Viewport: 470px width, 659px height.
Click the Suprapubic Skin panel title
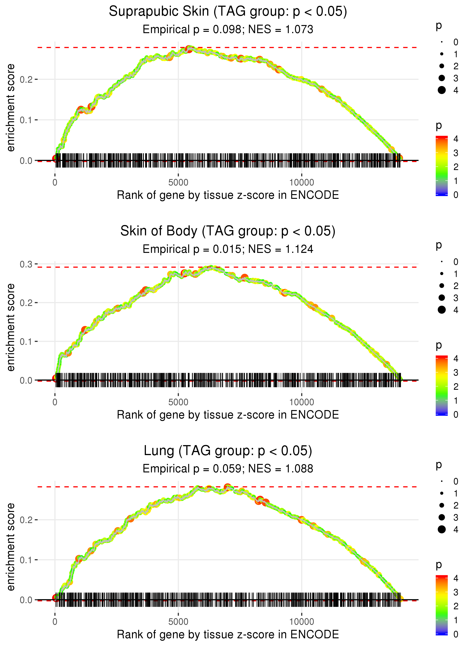point(228,12)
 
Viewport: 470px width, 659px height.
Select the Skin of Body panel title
point(228,231)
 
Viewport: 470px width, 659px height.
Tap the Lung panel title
point(228,451)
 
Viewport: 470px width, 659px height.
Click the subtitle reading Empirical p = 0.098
point(228,30)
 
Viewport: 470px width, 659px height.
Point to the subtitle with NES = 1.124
point(228,249)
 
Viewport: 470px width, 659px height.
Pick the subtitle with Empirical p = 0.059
point(228,469)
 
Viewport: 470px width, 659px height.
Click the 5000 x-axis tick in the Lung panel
point(178,622)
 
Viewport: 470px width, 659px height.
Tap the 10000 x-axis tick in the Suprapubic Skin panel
point(302,183)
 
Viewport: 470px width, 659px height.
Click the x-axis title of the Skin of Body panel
point(228,415)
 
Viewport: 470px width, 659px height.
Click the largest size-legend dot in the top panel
point(442,90)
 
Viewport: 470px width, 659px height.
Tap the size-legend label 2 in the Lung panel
point(456,505)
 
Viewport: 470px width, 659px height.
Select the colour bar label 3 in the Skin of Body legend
point(456,372)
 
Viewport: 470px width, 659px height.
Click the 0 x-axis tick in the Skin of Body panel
point(55,402)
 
